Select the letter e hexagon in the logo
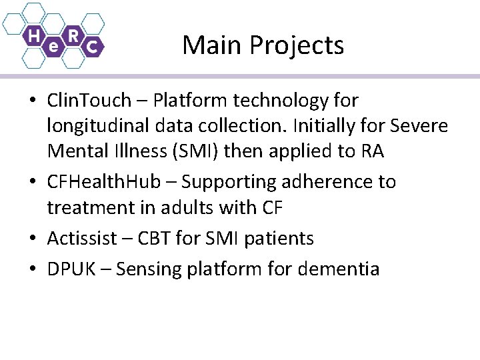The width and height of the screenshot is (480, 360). click(53, 47)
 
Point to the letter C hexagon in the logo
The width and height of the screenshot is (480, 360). click(93, 47)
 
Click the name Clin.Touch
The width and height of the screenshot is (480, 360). click(89, 101)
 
